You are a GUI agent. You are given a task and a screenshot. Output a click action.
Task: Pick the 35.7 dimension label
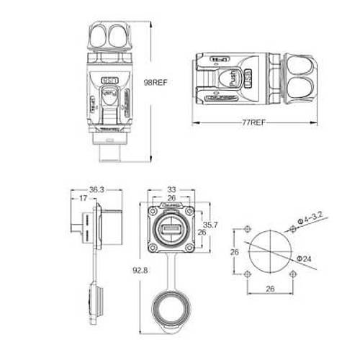click(x=208, y=224)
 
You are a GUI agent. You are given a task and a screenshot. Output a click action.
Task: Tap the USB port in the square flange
click(x=171, y=230)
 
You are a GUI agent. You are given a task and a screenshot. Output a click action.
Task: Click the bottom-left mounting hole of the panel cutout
click(x=247, y=274)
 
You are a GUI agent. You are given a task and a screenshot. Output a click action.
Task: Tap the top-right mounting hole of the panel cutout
click(x=292, y=230)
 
